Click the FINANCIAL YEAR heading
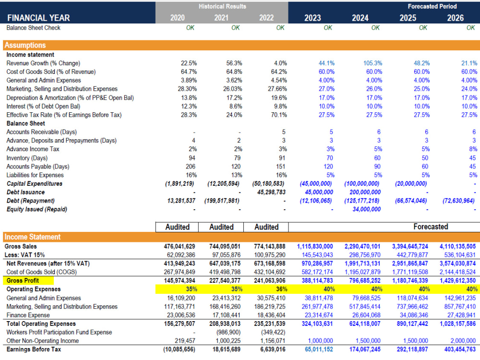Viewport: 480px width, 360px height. (x=38, y=18)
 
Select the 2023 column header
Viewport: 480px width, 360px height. (x=312, y=18)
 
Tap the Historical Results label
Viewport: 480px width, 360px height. (x=222, y=6)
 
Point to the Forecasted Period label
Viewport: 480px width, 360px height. (x=432, y=6)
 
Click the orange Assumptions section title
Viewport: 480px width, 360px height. (x=25, y=45)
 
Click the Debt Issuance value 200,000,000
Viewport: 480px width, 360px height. (x=362, y=192)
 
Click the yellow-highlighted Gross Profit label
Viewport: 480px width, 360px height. (x=23, y=280)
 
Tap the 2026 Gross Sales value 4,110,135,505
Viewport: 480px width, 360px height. (x=457, y=246)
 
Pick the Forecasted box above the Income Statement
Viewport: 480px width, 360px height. (x=431, y=227)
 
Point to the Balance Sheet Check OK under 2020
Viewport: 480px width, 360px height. (x=190, y=28)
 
